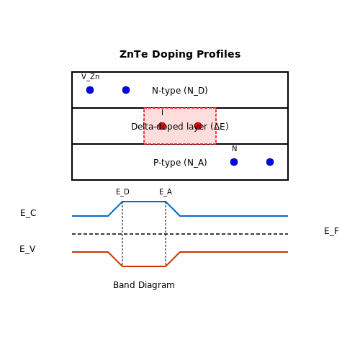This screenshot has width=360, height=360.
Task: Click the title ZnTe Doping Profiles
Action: click(180, 54)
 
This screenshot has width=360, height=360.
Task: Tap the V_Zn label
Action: click(90, 77)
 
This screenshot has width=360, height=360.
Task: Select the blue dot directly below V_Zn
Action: click(90, 90)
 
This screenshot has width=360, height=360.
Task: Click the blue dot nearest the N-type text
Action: click(126, 90)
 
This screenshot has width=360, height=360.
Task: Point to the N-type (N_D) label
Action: click(180, 91)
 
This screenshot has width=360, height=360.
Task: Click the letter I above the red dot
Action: click(162, 112)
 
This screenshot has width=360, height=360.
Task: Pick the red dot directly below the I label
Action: click(162, 126)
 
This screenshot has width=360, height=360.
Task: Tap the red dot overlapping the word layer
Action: click(198, 126)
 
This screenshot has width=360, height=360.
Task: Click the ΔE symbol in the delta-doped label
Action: click(220, 127)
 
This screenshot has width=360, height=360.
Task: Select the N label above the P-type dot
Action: click(235, 148)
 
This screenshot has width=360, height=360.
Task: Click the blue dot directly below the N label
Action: click(234, 162)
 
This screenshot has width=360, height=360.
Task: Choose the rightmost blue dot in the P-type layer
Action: click(270, 162)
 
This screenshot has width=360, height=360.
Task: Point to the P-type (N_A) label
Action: click(180, 163)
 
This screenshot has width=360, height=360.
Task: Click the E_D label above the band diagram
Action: click(122, 192)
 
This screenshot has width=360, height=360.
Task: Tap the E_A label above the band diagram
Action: click(166, 192)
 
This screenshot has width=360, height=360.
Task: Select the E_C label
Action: click(28, 213)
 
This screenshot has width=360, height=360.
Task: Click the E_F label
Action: click(331, 231)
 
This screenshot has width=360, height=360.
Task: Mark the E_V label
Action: click(27, 249)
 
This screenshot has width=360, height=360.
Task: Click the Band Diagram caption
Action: click(144, 285)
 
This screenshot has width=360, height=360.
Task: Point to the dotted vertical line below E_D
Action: click(122, 234)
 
